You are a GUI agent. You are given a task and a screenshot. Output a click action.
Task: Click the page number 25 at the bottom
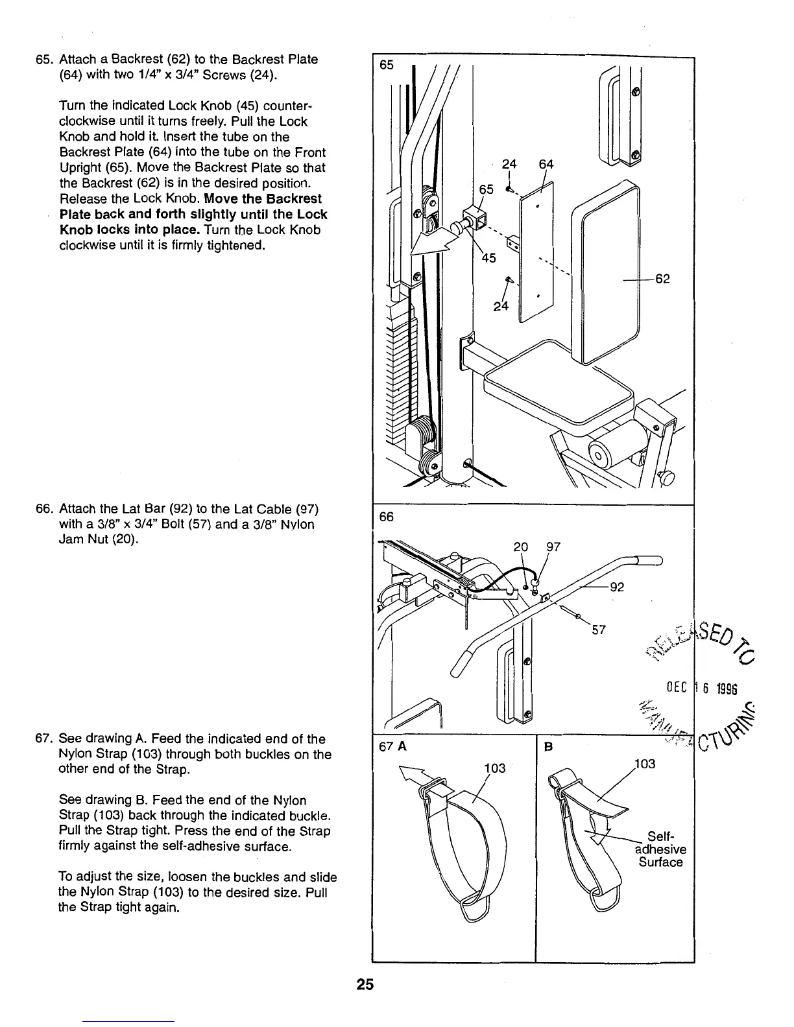[x=365, y=985]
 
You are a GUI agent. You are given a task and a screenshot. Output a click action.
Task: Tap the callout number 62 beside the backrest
[x=662, y=279]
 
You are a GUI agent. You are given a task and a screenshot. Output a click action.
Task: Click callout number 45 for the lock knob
[x=488, y=258]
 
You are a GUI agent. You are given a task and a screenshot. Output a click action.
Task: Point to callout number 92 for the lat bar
[x=618, y=587]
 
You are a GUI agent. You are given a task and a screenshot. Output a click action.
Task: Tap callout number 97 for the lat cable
[x=553, y=547]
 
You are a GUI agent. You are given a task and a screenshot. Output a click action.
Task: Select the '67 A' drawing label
[x=392, y=746]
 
